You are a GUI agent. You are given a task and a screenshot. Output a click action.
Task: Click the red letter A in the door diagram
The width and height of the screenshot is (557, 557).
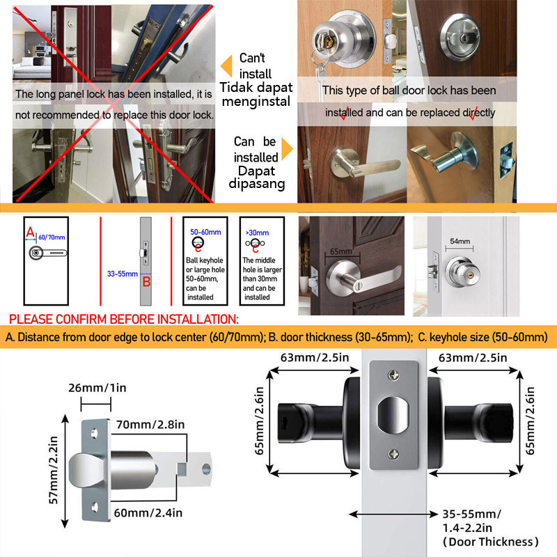(x=29, y=230)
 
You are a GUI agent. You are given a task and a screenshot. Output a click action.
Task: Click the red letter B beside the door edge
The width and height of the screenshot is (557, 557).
(x=147, y=281)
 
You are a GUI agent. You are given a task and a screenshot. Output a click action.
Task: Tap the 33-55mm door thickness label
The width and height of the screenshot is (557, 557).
(x=121, y=273)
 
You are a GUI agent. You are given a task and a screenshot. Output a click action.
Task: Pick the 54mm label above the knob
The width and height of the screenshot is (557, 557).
(x=460, y=241)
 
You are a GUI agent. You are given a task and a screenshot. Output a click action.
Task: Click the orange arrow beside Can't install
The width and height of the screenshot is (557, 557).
(x=226, y=66)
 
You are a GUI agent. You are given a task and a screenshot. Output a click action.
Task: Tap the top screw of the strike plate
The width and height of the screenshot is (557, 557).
(x=394, y=376)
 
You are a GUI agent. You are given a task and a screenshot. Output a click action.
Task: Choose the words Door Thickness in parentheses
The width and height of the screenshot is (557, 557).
(x=490, y=541)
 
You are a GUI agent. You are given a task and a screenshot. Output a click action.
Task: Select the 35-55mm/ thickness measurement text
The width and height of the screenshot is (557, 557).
(x=471, y=515)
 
